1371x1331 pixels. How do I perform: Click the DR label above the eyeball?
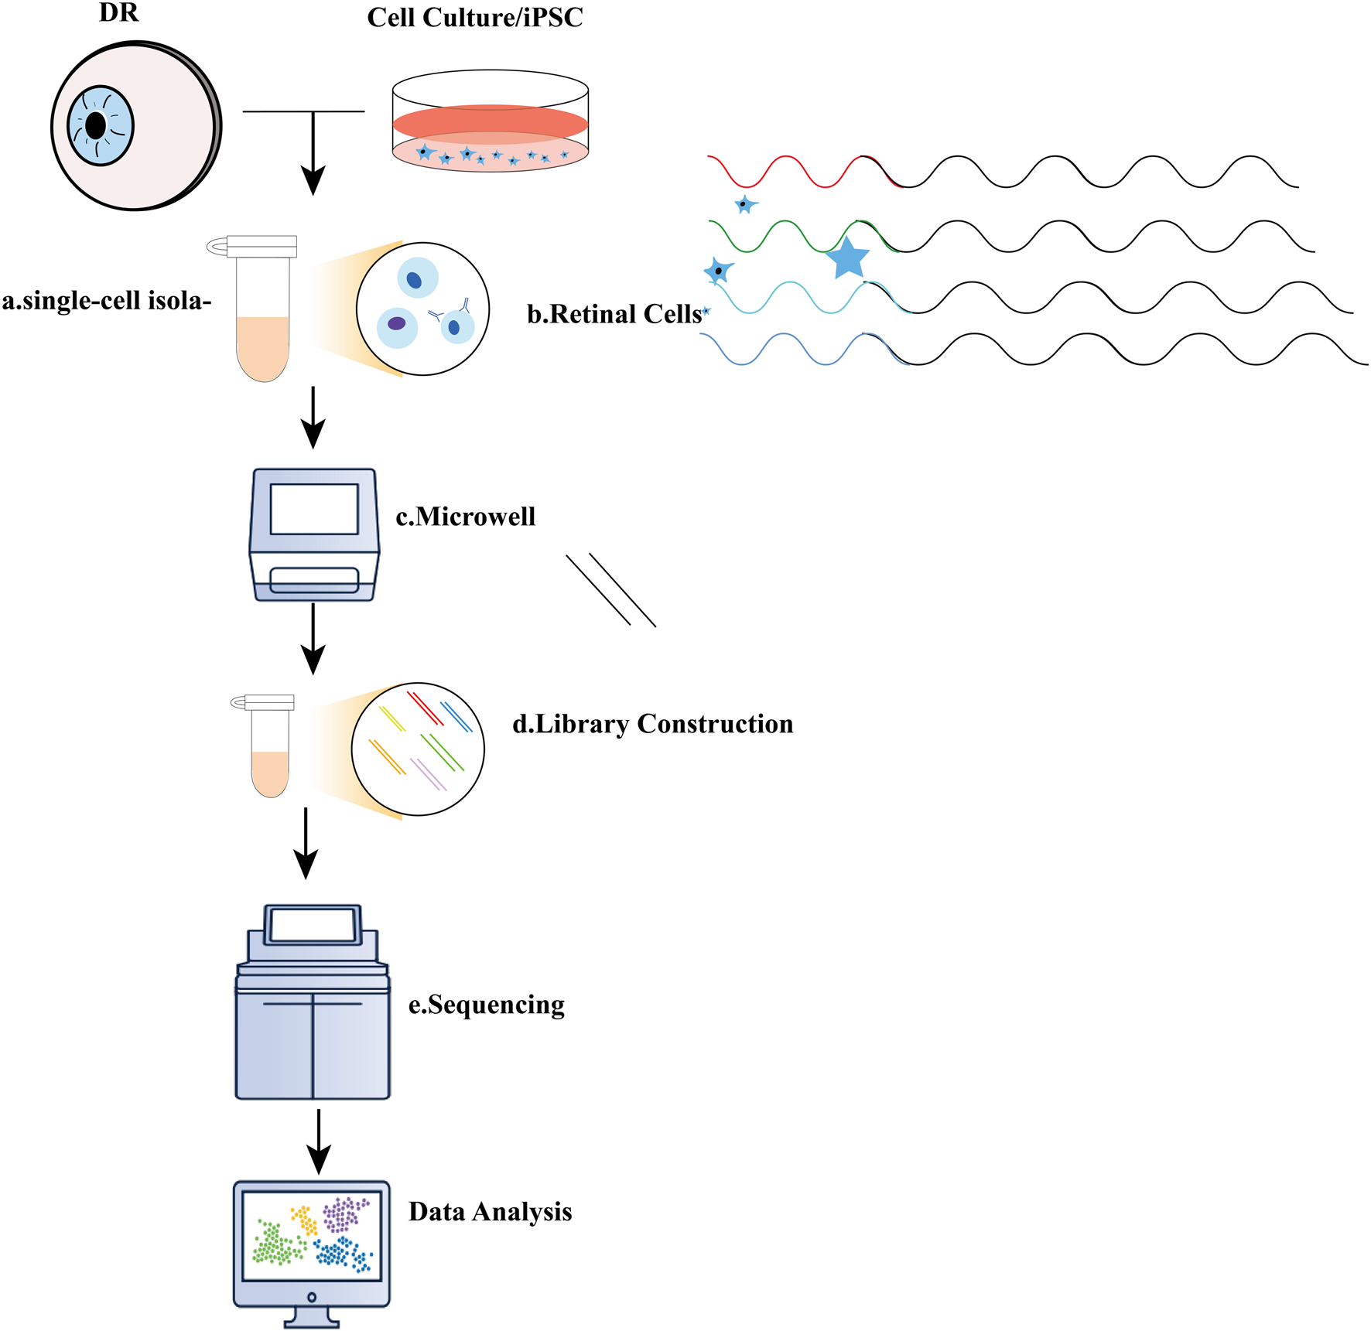[x=119, y=13]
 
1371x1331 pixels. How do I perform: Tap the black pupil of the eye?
[x=96, y=125]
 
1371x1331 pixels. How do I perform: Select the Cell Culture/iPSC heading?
[x=474, y=18]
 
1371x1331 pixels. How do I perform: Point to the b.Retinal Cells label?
[x=614, y=314]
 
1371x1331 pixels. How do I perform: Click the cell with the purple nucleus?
[x=397, y=325]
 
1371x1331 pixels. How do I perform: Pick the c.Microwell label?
[x=465, y=517]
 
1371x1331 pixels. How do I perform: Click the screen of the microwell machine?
[x=314, y=509]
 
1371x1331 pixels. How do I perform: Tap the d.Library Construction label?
[x=652, y=724]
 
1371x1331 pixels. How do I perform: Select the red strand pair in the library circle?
[x=425, y=708]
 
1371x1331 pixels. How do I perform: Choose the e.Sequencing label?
[x=486, y=1005]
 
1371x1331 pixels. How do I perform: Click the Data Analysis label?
[x=490, y=1212]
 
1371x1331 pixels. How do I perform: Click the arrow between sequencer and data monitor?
[x=319, y=1142]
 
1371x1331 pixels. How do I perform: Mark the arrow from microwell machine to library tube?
[x=313, y=639]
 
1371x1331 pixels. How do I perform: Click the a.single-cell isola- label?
[x=106, y=301]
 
